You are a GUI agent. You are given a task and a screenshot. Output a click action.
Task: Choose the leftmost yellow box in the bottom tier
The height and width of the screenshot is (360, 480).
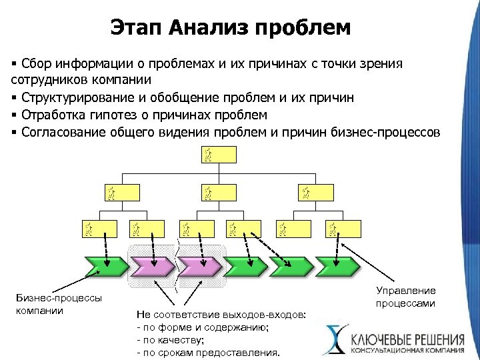click(x=99, y=229)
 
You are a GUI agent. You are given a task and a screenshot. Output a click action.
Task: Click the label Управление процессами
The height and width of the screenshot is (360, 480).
click(x=406, y=297)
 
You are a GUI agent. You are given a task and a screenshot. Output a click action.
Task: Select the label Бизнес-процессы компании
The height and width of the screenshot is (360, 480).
click(x=59, y=304)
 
